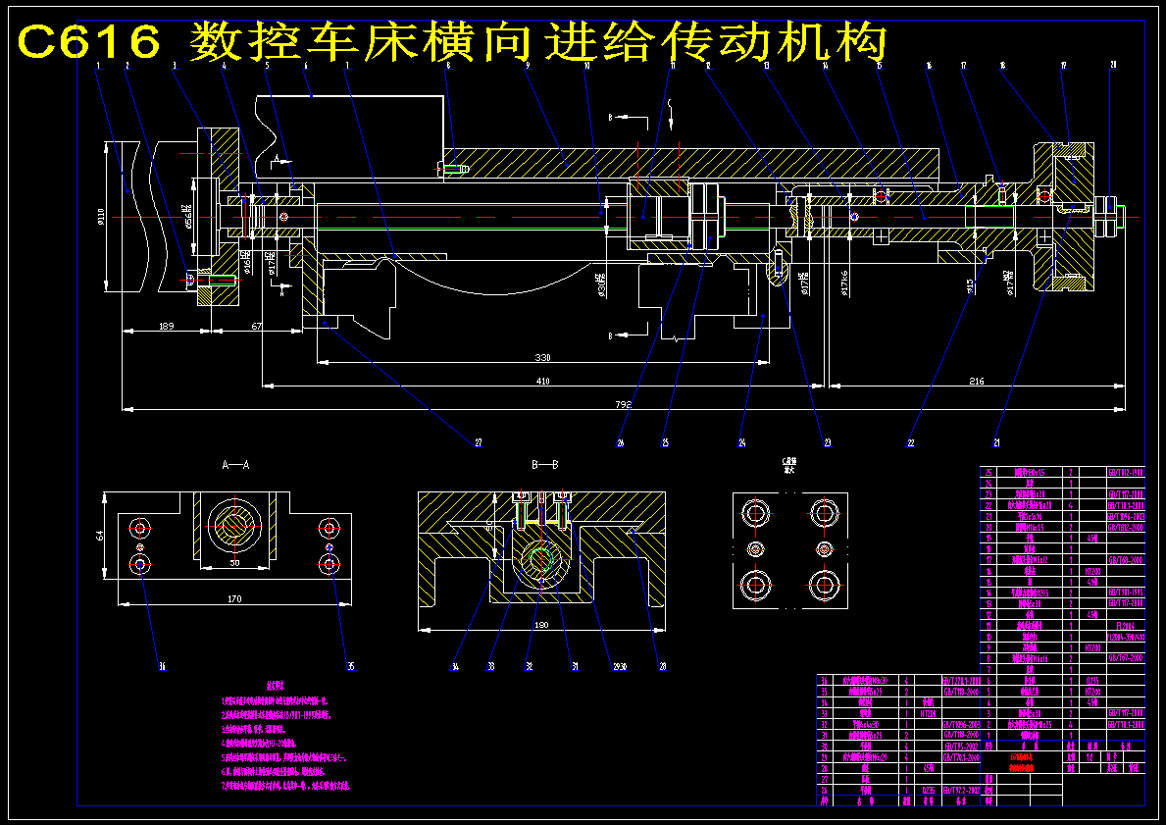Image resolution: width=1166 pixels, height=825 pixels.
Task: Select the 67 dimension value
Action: click(256, 326)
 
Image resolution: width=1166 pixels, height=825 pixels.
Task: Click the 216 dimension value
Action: click(976, 381)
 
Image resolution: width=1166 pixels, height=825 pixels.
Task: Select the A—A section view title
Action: click(236, 463)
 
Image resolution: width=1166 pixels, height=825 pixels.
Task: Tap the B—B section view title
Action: click(544, 463)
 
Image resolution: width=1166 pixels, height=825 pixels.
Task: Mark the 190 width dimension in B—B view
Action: click(541, 624)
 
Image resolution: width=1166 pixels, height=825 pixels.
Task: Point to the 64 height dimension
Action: click(101, 536)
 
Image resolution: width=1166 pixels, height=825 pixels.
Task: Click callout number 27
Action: click(479, 443)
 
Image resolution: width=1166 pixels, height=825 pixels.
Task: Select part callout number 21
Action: click(997, 443)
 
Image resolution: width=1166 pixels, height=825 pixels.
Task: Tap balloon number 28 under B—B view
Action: click(663, 667)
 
